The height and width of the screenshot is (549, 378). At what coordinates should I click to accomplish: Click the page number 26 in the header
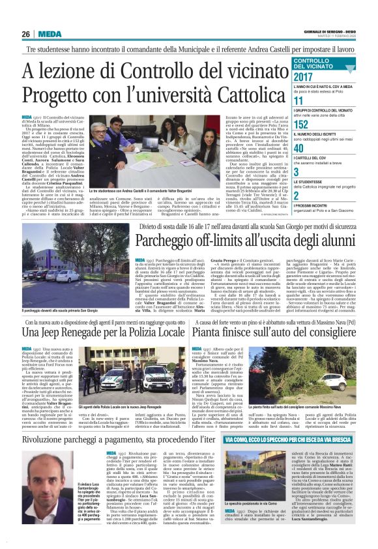pos(27,34)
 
